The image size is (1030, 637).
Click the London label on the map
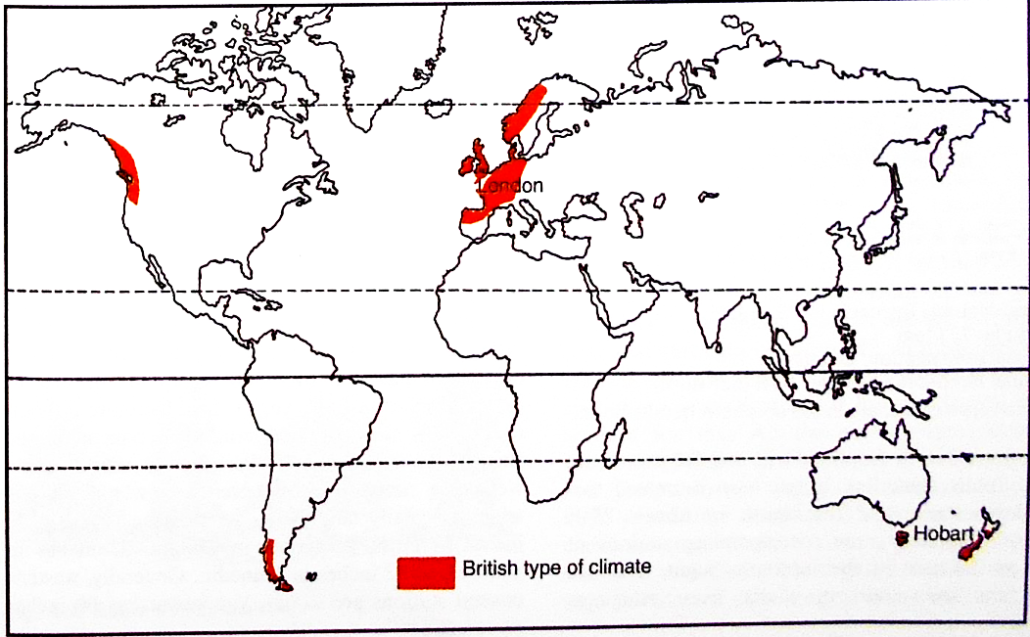(x=509, y=185)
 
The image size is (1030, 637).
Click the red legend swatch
(x=426, y=571)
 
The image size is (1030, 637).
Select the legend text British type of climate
(x=556, y=566)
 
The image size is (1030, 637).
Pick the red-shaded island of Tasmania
(x=902, y=537)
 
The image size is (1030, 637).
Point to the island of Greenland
(x=392, y=68)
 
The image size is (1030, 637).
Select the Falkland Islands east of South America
(x=311, y=576)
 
